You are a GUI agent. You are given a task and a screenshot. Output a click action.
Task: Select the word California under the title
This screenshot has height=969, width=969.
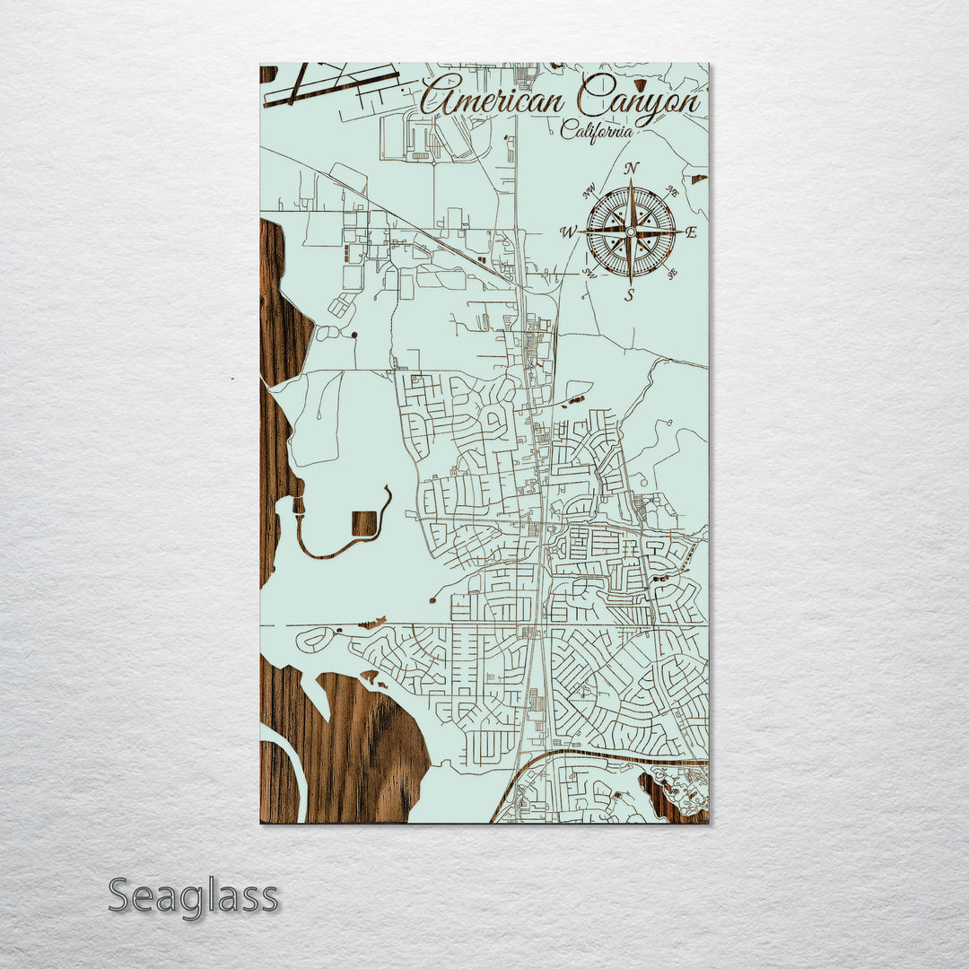point(597,131)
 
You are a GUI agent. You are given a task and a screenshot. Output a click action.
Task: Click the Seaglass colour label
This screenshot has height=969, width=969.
point(193,897)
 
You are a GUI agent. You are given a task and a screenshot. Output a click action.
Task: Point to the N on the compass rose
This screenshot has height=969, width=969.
point(632,168)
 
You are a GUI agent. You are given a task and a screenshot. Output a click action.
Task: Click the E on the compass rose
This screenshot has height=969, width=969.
point(691,232)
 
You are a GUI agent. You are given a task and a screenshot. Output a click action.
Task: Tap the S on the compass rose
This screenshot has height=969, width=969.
point(630,295)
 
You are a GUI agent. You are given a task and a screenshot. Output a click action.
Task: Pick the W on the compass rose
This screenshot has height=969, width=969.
point(568,233)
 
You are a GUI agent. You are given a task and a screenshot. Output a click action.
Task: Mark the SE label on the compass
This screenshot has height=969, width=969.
point(672,275)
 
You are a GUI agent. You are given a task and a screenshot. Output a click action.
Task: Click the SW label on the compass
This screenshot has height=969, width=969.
point(589,273)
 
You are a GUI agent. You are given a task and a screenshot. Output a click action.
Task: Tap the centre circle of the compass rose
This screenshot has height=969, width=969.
point(631,231)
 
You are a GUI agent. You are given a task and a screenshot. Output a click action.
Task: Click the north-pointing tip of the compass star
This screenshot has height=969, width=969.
point(631,182)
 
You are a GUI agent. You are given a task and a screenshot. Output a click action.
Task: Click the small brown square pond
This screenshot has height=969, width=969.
point(364,523)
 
